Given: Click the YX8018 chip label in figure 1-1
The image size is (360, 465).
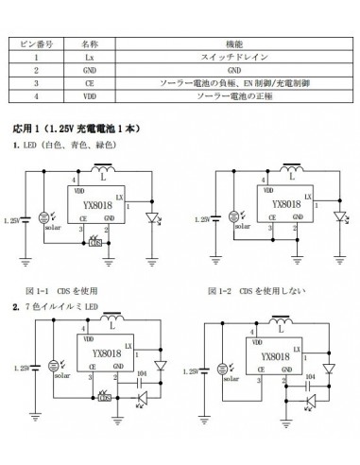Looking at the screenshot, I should coord(98,203).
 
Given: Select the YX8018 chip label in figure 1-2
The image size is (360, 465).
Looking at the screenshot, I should coord(285,203).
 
